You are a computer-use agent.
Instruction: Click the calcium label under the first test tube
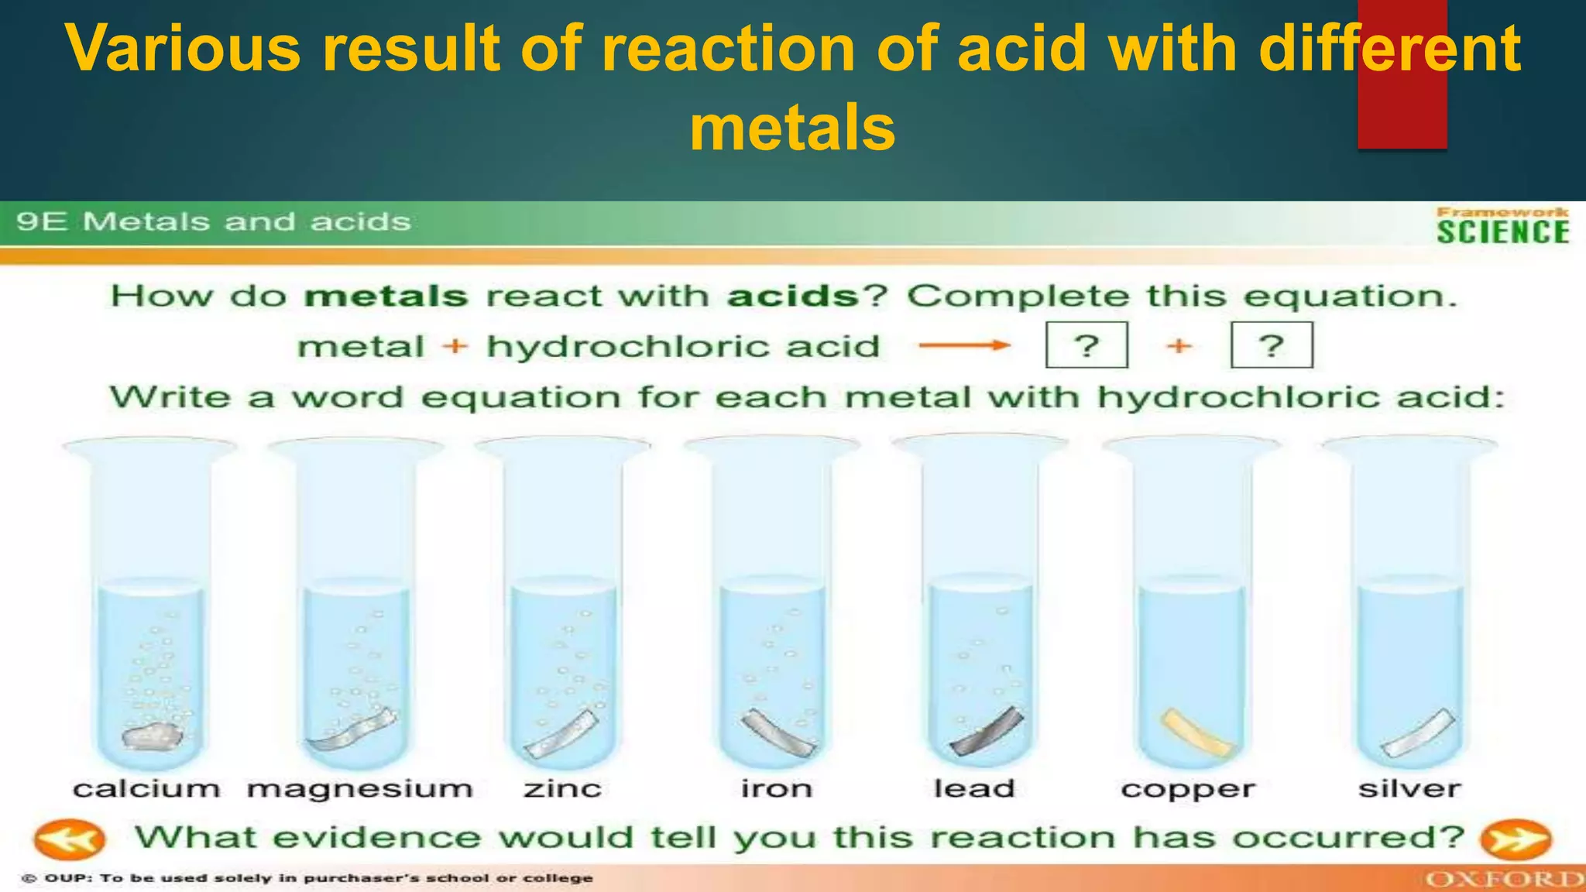(x=146, y=789)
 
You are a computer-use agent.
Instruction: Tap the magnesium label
(x=360, y=789)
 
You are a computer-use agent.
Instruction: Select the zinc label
(x=563, y=789)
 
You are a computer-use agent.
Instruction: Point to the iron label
(x=777, y=789)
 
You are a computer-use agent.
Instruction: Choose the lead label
(x=974, y=789)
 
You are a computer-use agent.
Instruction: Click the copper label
(x=1187, y=790)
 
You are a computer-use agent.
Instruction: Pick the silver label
(x=1409, y=789)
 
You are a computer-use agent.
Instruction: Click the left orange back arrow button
(x=69, y=840)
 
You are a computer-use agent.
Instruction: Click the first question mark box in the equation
(x=1087, y=345)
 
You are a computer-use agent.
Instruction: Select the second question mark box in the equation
(x=1272, y=345)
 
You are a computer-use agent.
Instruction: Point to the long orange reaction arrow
(x=964, y=345)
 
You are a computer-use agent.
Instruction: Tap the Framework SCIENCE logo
(x=1502, y=226)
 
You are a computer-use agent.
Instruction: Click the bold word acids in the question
(x=792, y=297)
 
